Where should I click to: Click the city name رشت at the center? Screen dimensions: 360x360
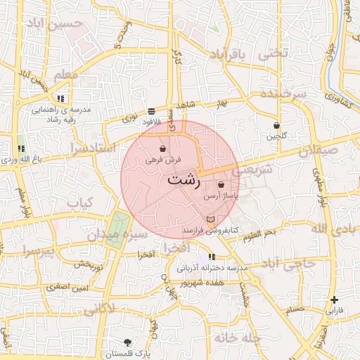tap(184, 179)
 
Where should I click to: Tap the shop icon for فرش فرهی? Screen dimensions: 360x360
tap(163, 149)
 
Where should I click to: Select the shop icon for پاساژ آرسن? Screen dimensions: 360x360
tap(221, 185)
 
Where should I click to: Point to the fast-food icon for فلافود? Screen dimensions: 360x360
tap(152, 111)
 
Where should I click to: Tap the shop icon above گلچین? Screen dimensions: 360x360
tap(276, 126)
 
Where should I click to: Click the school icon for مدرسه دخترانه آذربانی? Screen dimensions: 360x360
tap(212, 257)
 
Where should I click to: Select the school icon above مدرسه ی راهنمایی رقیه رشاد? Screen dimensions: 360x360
tap(61, 98)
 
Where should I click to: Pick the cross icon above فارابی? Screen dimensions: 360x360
tap(334, 300)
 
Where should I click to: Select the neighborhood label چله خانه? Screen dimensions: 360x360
tap(238, 337)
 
